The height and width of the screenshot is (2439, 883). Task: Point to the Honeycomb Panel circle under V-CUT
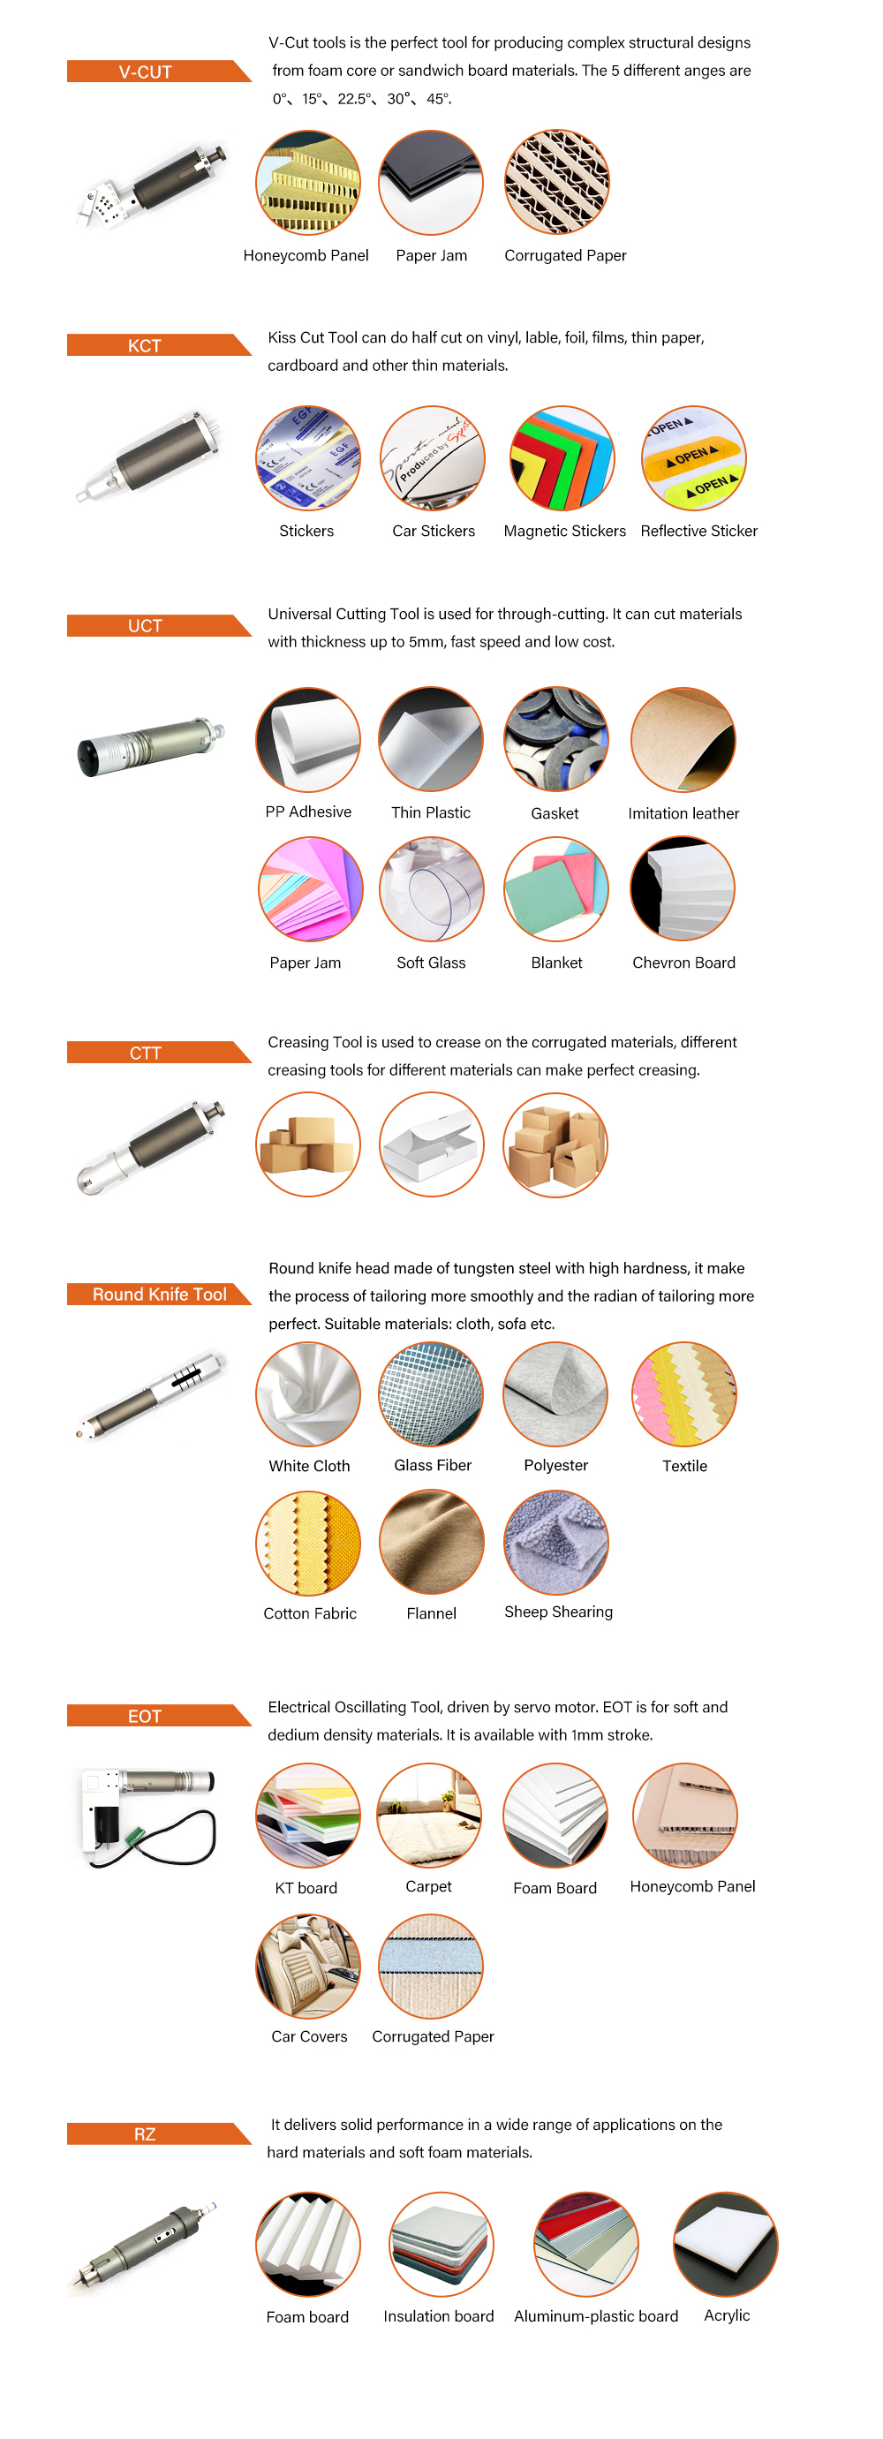pyautogui.click(x=307, y=183)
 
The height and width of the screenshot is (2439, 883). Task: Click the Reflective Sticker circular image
pyautogui.click(x=694, y=458)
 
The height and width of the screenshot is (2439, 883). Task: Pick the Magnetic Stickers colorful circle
pyautogui.click(x=562, y=458)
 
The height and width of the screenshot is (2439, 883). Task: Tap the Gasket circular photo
pyautogui.click(x=555, y=738)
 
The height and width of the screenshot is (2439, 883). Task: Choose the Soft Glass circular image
pyautogui.click(x=432, y=889)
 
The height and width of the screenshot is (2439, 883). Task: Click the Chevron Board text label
pyautogui.click(x=683, y=963)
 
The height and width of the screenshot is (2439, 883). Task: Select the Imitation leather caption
pyautogui.click(x=683, y=813)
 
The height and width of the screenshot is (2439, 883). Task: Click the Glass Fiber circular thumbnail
pyautogui.click(x=432, y=1394)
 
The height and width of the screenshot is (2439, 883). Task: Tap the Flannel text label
pyautogui.click(x=432, y=1613)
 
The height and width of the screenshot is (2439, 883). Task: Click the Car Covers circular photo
pyautogui.click(x=307, y=1967)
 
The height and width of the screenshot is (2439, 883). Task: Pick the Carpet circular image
pyautogui.click(x=430, y=1815)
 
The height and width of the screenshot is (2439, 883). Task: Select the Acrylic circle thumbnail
pyautogui.click(x=726, y=2245)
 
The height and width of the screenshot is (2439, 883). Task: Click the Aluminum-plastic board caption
pyautogui.click(x=596, y=2316)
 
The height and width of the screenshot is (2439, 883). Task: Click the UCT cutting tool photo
pyautogui.click(x=151, y=746)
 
